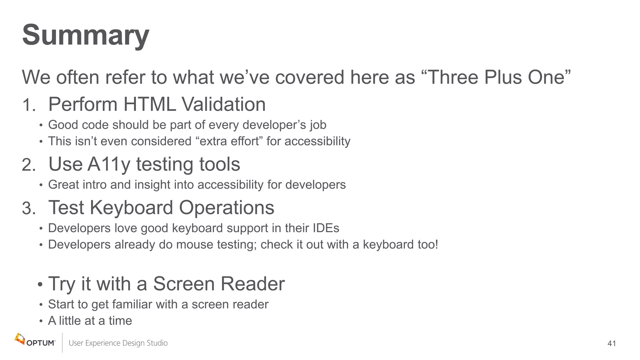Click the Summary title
(x=86, y=35)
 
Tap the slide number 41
(x=612, y=343)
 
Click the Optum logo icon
(x=20, y=339)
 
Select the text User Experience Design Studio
(x=118, y=343)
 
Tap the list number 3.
(x=28, y=208)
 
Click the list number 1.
(x=28, y=105)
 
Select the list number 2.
(x=28, y=165)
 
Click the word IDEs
(x=326, y=228)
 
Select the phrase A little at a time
(x=90, y=321)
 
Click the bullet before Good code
(x=41, y=126)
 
